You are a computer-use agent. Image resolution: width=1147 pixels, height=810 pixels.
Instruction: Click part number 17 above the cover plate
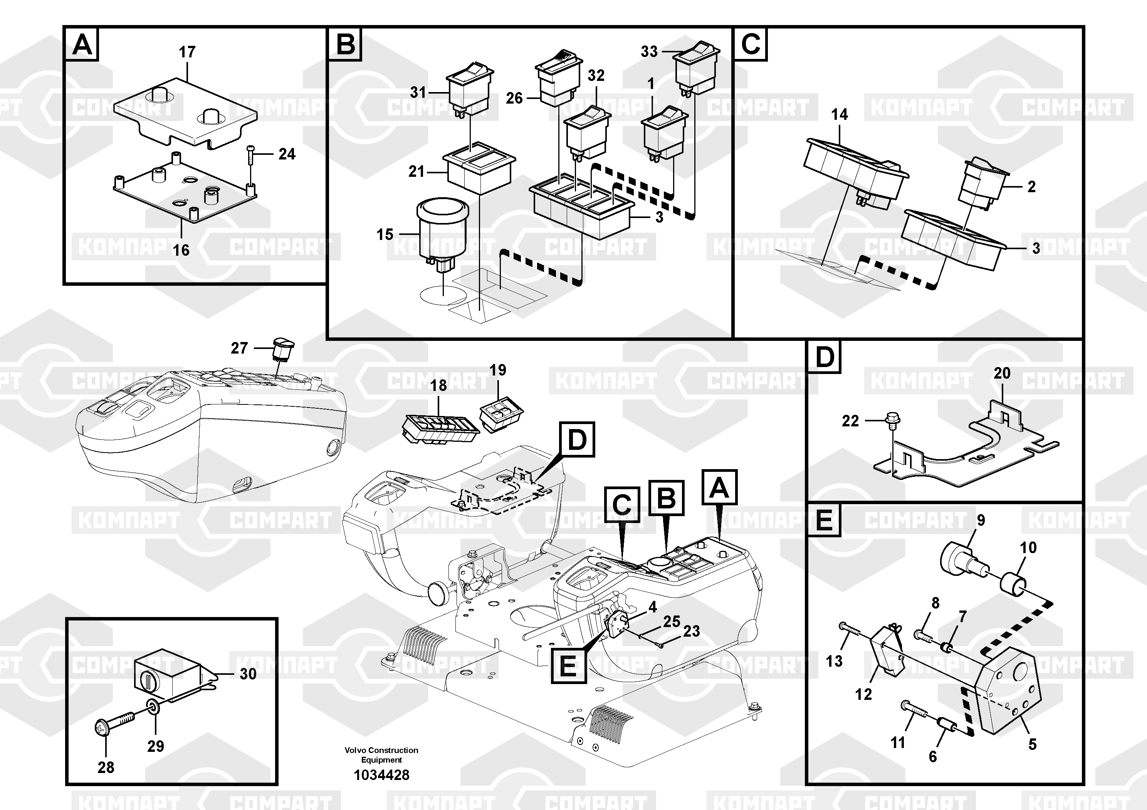pos(187,52)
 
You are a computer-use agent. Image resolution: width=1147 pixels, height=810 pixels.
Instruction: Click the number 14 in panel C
pos(839,114)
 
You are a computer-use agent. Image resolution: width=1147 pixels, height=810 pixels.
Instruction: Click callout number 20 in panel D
pos(1002,373)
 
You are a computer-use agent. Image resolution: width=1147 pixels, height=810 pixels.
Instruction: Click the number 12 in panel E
pos(863,694)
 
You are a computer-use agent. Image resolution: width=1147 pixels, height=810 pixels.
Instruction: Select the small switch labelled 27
pos(283,348)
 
